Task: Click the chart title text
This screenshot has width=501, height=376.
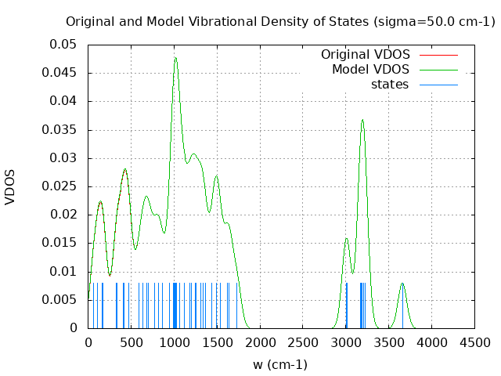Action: (x=280, y=21)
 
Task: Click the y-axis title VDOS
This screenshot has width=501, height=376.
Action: (x=10, y=186)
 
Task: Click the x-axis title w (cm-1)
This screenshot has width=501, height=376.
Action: (x=280, y=364)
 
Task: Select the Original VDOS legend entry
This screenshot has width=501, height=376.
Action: (x=366, y=55)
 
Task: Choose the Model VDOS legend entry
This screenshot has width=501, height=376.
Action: (x=370, y=70)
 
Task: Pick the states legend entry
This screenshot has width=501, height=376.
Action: (x=390, y=85)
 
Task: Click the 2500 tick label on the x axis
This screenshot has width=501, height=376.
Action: (x=303, y=342)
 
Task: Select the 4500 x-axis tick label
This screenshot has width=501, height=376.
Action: (x=474, y=342)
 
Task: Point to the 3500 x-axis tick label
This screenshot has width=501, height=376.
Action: (x=389, y=342)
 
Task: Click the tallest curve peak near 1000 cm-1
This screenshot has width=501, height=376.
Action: (x=175, y=58)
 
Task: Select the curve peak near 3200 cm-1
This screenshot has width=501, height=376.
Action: (x=362, y=120)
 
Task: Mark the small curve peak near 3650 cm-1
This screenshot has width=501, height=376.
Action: (x=402, y=284)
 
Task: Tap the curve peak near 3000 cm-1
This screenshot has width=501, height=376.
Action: (x=346, y=239)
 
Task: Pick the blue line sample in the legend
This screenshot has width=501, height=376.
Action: (x=438, y=85)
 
